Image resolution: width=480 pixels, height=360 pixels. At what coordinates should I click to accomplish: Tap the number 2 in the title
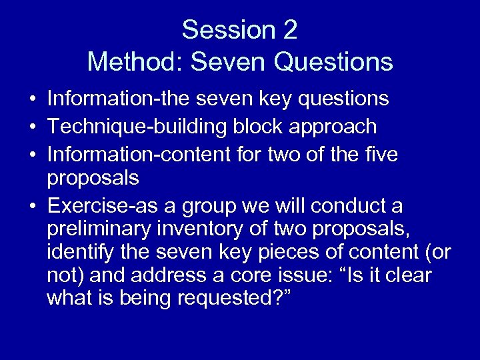289,30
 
